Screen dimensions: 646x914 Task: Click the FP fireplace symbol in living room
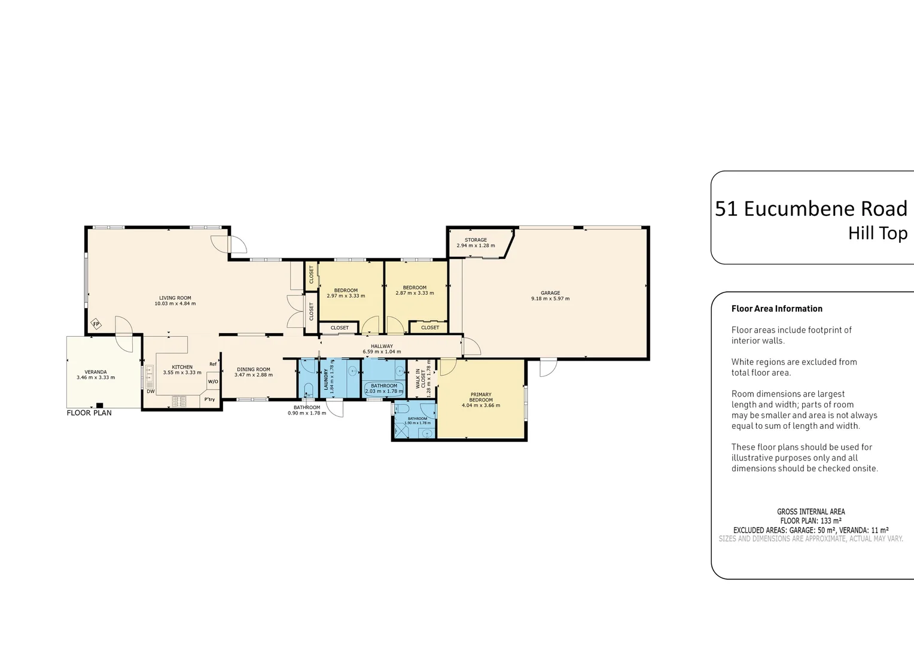[96, 324]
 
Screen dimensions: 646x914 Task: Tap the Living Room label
[175, 298]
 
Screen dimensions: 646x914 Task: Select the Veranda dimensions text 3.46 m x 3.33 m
[96, 377]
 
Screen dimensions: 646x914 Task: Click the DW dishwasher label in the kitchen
[151, 392]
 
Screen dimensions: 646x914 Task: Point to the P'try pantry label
[209, 400]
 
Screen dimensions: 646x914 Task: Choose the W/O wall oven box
[213, 382]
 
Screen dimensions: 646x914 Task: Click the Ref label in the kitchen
[213, 364]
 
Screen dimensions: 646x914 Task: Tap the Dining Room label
[254, 370]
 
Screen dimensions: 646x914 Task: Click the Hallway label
[382, 346]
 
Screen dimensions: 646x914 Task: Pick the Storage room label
[476, 240]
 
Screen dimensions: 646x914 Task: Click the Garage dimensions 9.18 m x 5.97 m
[550, 298]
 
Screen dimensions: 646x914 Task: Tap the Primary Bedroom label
[481, 397]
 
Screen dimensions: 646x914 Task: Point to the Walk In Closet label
[421, 379]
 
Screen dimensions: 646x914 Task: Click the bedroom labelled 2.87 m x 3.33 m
[415, 291]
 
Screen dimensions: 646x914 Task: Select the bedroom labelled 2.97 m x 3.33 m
[346, 293]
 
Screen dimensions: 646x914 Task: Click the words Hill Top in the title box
[878, 233]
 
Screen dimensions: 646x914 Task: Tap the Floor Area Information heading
[776, 309]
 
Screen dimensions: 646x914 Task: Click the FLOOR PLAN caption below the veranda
[89, 413]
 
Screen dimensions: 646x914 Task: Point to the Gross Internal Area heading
[811, 511]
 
